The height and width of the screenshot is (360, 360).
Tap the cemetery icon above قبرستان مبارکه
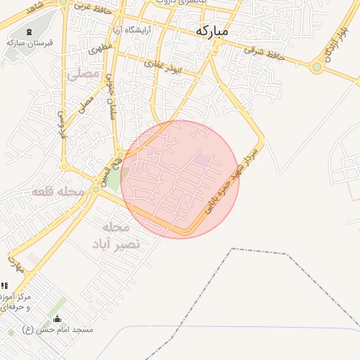29,32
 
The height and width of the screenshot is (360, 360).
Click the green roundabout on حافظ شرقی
317,67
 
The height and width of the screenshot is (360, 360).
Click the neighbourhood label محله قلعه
58,191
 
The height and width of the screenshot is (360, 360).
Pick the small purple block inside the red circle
202,160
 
